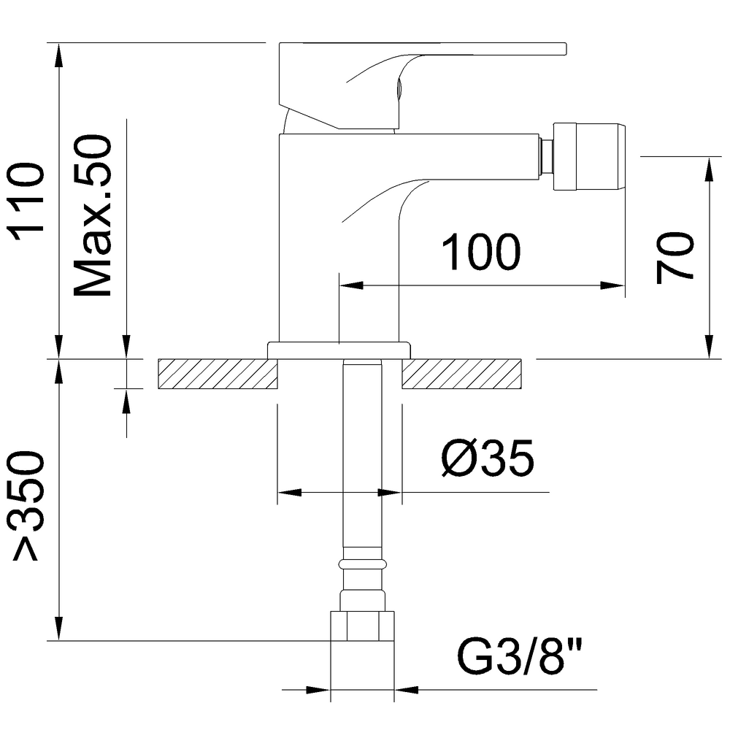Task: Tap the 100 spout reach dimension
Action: click(x=482, y=253)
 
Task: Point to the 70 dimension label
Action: click(x=675, y=257)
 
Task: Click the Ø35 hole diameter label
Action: click(x=488, y=458)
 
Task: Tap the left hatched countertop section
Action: click(x=217, y=374)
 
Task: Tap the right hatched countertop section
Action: click(x=461, y=374)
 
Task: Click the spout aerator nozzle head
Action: click(x=588, y=157)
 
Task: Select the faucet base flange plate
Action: click(x=339, y=350)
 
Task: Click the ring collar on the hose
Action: click(x=362, y=564)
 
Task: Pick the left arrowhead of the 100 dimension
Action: click(x=351, y=285)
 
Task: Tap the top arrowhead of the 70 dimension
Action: click(x=709, y=167)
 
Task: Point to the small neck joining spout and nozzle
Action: click(x=545, y=156)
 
